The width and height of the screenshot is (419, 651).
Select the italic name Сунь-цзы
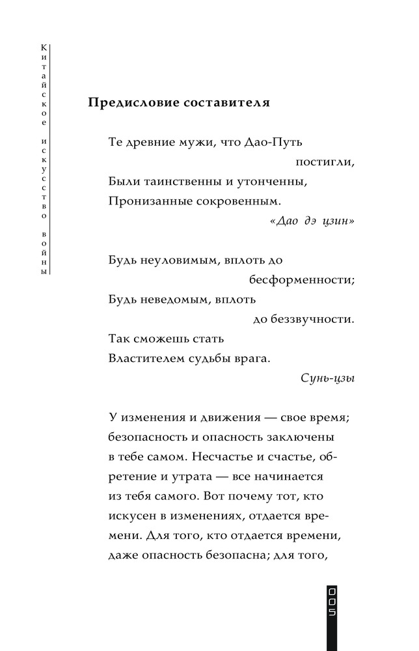pos(329,378)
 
